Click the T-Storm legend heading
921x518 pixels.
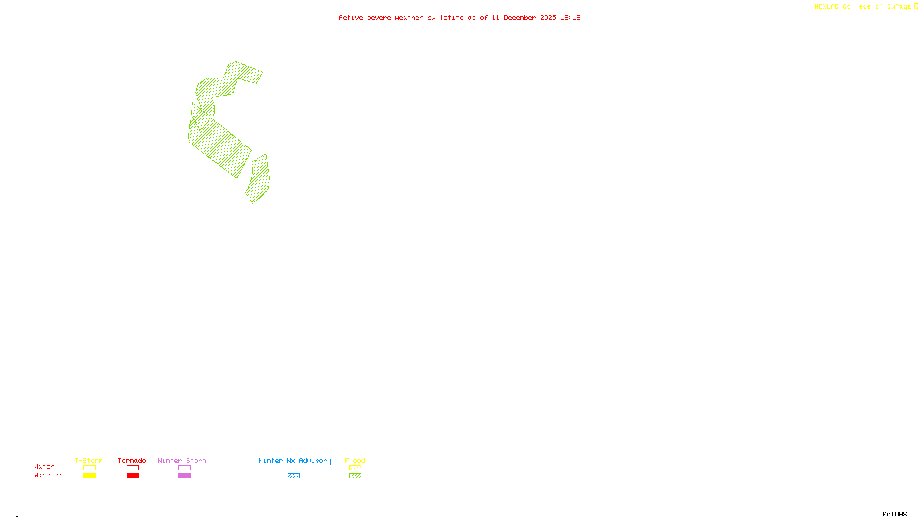pyautogui.click(x=89, y=460)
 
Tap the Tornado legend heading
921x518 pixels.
pyautogui.click(x=132, y=460)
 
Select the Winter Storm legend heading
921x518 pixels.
pyautogui.click(x=182, y=460)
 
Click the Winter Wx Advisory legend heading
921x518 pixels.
pyautogui.click(x=295, y=460)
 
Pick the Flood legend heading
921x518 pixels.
pyautogui.click(x=355, y=460)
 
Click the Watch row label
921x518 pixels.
pyautogui.click(x=44, y=466)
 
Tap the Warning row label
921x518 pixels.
pyautogui.click(x=48, y=475)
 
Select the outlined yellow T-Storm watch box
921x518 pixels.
pyautogui.click(x=89, y=468)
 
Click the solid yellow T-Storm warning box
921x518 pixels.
pyautogui.click(x=89, y=476)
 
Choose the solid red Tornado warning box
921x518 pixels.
pyautogui.click(x=132, y=476)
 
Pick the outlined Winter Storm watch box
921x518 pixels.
pyautogui.click(x=184, y=468)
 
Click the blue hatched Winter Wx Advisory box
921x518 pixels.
pyautogui.click(x=294, y=476)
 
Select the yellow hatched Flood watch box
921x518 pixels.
pyautogui.click(x=355, y=468)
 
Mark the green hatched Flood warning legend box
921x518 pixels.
pyautogui.click(x=355, y=476)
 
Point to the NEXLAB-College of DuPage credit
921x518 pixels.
pyautogui.click(x=863, y=6)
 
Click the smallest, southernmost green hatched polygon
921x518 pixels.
pyautogui.click(x=259, y=180)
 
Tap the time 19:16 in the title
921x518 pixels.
pyautogui.click(x=570, y=17)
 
